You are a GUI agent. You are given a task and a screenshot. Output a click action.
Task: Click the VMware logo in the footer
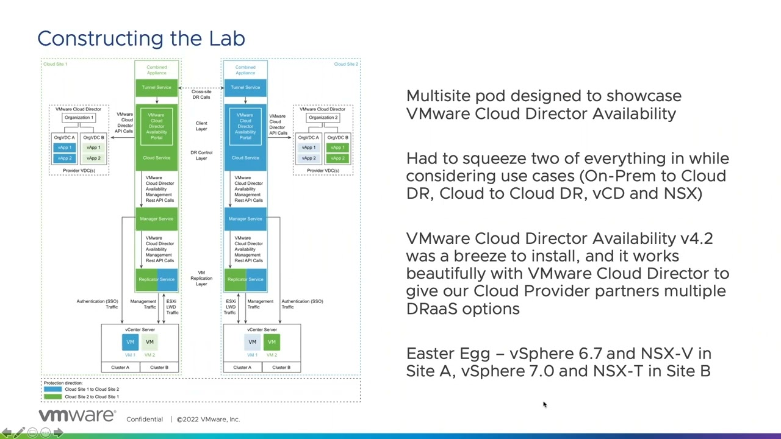(x=77, y=416)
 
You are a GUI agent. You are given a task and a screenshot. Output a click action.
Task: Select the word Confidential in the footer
(x=145, y=419)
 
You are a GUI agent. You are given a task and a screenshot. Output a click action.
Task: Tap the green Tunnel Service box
(x=157, y=88)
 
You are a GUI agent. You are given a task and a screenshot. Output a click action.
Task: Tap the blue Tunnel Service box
(x=245, y=88)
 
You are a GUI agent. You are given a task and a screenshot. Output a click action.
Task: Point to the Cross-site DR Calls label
(x=201, y=95)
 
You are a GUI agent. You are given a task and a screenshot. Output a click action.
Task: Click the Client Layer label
(x=201, y=126)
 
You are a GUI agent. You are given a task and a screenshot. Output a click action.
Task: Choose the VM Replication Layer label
(x=201, y=278)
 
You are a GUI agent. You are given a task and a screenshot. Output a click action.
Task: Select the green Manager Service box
(x=157, y=219)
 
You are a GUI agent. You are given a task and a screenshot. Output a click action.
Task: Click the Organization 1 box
(x=79, y=118)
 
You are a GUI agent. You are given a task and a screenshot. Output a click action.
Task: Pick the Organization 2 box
(x=323, y=118)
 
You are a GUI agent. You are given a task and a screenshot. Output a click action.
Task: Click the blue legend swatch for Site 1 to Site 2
(x=52, y=389)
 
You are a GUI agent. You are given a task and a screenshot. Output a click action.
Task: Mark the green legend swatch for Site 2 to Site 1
(x=52, y=397)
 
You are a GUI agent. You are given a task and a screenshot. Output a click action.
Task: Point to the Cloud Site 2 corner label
(x=346, y=64)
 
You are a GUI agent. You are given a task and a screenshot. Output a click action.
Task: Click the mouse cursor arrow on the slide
(x=544, y=404)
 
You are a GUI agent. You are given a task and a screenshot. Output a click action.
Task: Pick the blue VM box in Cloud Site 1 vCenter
(x=130, y=342)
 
